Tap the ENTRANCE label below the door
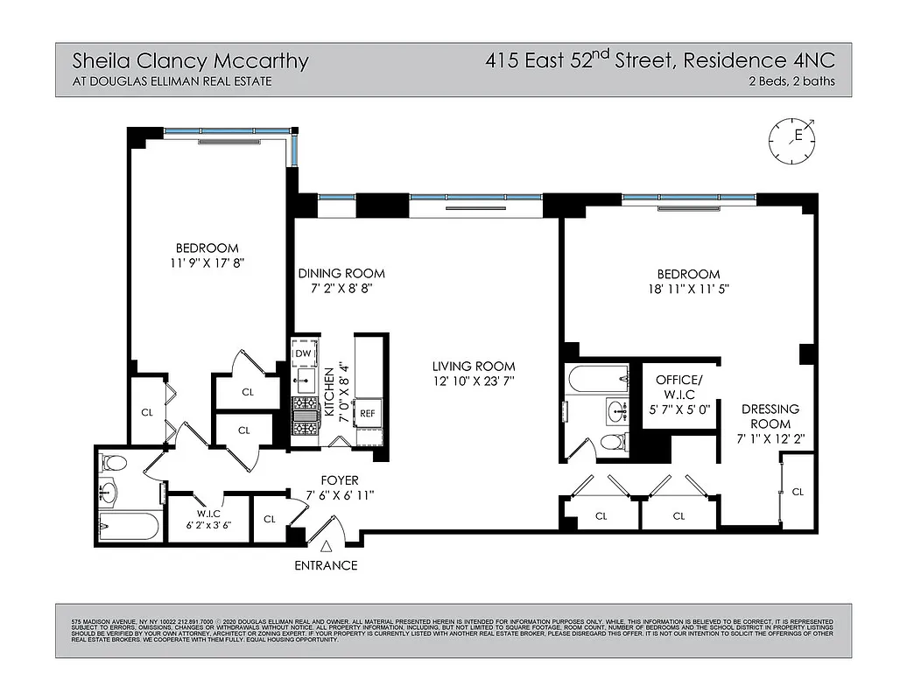[x=326, y=565]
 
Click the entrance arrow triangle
[x=326, y=546]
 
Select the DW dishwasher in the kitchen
[x=304, y=353]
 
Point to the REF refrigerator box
[x=368, y=414]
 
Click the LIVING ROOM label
[x=473, y=366]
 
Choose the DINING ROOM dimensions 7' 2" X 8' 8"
[x=341, y=290]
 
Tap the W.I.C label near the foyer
[x=207, y=514]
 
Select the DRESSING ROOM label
[x=770, y=416]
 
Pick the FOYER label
[x=340, y=479]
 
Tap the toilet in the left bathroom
[x=114, y=463]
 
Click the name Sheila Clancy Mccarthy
[x=190, y=61]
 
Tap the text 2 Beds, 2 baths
[x=791, y=81]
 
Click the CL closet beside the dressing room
[x=797, y=493]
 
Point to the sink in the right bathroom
[x=616, y=409]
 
